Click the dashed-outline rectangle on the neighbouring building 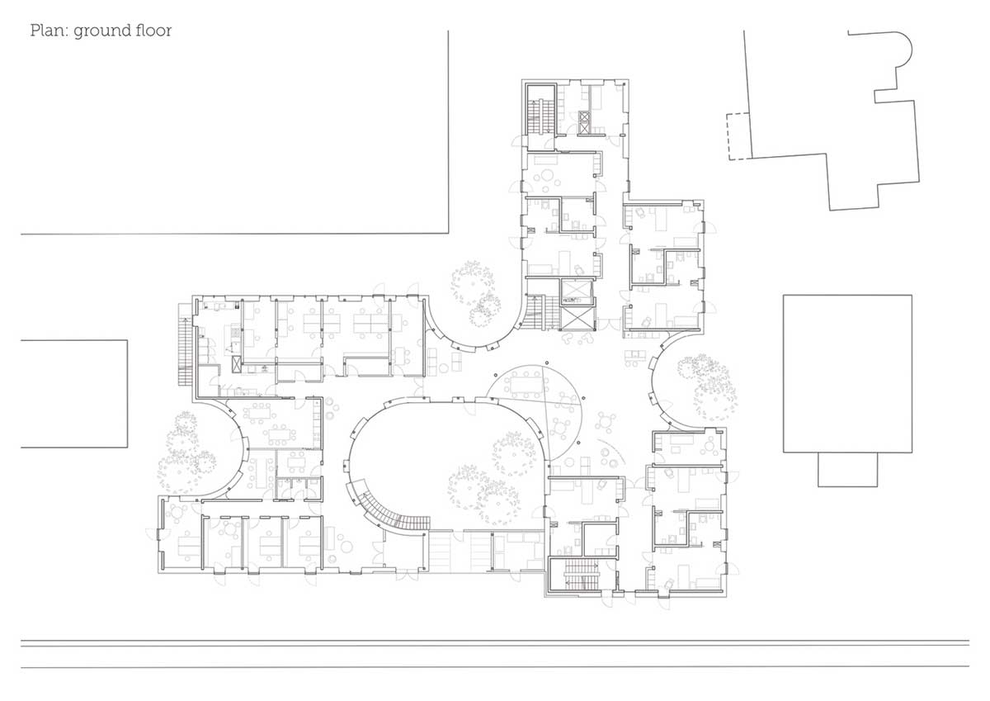739,136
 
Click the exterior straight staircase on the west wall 185,345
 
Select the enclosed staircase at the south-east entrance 580,574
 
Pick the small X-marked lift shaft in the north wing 584,122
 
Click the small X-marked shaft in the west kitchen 237,364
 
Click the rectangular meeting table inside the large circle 526,384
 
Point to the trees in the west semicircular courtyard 186,453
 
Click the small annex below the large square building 847,469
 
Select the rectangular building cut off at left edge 74,394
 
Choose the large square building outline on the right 847,374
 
